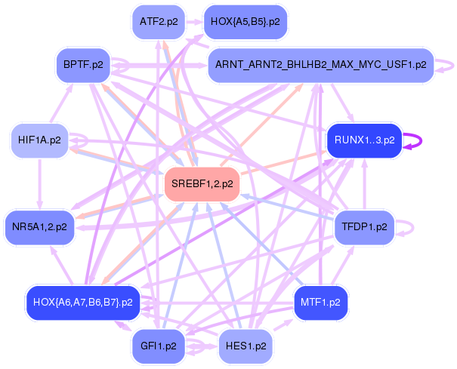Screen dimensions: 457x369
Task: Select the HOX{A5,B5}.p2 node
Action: [245, 23]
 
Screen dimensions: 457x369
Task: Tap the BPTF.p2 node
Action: [83, 65]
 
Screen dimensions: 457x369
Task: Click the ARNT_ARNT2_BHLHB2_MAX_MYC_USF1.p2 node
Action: [320, 65]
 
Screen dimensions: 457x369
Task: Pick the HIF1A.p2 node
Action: [39, 140]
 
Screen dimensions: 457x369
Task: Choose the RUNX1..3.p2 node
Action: [363, 140]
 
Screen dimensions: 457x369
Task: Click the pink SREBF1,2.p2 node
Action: [202, 183]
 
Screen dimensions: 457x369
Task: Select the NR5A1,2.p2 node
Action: [39, 226]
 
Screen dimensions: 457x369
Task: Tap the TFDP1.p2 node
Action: [363, 226]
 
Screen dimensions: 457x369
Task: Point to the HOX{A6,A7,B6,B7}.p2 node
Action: [83, 302]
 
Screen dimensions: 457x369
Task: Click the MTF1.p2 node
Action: [320, 302]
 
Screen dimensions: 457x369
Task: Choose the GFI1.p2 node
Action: [159, 346]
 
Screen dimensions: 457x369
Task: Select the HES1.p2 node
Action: [245, 346]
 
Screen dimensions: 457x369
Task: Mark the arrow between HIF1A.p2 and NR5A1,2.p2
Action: [39, 183]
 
